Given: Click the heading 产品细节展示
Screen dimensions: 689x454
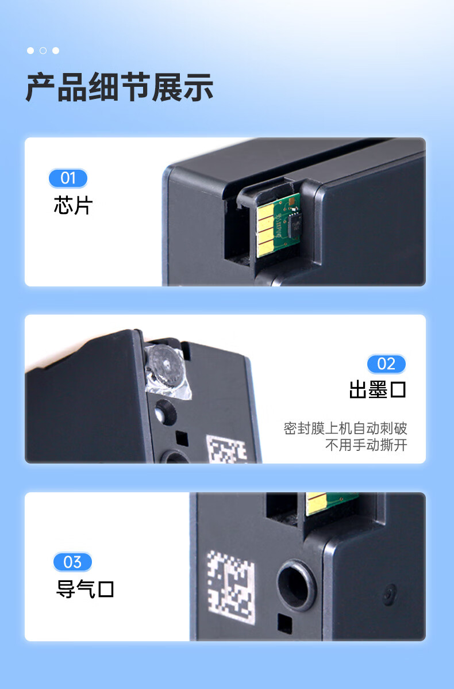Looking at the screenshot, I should (x=120, y=88).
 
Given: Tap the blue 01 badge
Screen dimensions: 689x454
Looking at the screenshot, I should (x=68, y=178).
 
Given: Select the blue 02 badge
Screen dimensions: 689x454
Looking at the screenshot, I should (x=386, y=363).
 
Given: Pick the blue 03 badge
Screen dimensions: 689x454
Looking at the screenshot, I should (x=72, y=561).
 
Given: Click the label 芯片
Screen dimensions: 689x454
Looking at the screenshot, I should (x=73, y=205).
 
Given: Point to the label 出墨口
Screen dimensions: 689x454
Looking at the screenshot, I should (x=378, y=390).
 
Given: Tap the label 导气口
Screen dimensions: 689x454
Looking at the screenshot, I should (x=85, y=589).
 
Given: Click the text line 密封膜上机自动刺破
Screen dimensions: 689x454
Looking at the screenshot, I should (x=345, y=428).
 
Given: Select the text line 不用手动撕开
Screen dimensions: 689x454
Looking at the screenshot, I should (x=366, y=445).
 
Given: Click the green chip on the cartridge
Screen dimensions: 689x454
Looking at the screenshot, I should (x=279, y=224).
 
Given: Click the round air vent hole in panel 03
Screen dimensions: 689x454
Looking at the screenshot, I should (x=297, y=585).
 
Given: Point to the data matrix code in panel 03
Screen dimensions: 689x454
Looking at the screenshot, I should (x=231, y=587).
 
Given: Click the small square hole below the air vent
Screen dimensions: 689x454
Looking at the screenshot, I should (x=283, y=622).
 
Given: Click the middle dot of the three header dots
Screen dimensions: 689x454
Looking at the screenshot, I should (x=43, y=51).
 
